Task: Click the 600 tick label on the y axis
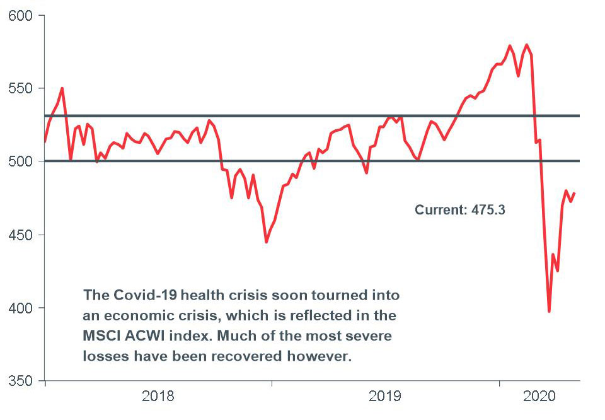tap(20, 15)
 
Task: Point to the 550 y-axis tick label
tap(20, 88)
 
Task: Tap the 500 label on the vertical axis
tap(20, 161)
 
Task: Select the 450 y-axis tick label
tap(20, 235)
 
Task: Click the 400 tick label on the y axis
tap(20, 308)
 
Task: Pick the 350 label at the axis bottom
tap(20, 381)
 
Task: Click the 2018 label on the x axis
tap(158, 397)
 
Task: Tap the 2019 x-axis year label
tap(385, 397)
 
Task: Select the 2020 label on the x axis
tap(539, 397)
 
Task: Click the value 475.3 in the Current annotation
tap(488, 210)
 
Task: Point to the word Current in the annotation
tap(440, 210)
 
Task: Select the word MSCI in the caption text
tap(99, 335)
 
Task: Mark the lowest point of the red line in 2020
tap(549, 312)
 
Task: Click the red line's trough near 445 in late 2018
tap(267, 242)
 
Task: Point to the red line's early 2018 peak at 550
tap(62, 88)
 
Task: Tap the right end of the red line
tap(574, 194)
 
